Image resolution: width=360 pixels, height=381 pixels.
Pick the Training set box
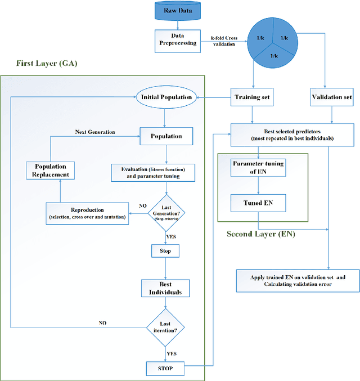[252, 97]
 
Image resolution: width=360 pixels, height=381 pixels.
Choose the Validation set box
[331, 97]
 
